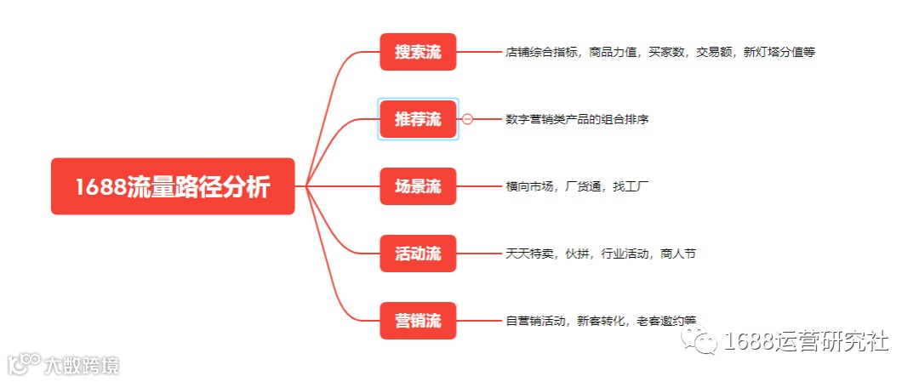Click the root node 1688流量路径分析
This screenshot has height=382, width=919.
coord(173,186)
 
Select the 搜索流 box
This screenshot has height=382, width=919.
coord(418,52)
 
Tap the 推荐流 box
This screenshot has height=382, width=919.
coord(418,119)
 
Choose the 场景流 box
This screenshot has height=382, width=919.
coord(418,186)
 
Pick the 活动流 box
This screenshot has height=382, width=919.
coord(418,254)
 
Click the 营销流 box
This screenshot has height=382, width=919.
coord(418,321)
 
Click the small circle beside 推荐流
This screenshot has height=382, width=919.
coord(467,119)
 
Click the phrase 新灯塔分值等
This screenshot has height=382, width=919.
coord(779,52)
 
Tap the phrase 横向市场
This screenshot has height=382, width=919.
coord(528,186)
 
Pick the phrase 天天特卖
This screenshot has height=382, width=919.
coord(528,254)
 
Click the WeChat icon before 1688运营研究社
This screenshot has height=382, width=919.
coord(705,342)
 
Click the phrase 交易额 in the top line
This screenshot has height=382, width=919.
coord(713,52)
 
